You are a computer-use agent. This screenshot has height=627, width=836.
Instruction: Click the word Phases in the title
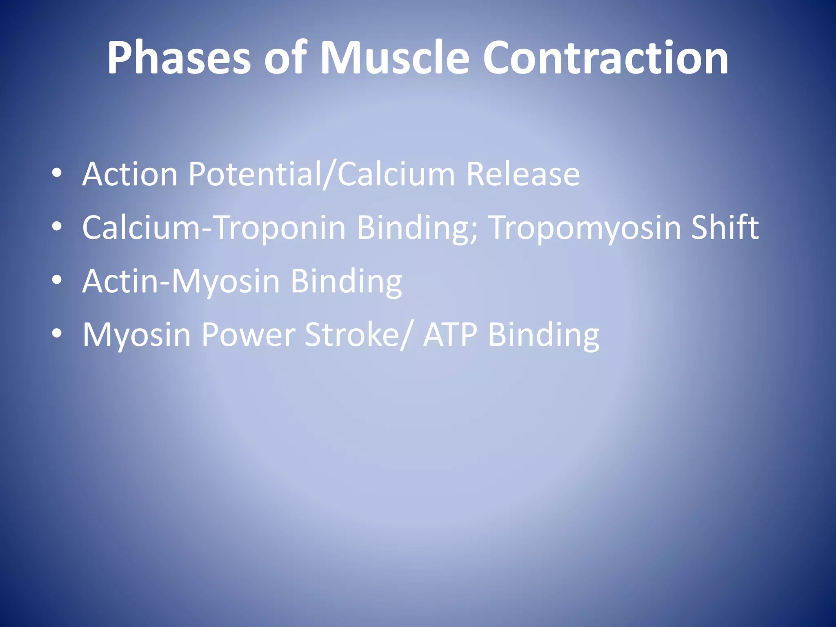[179, 58]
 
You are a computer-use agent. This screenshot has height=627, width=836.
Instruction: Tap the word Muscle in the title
[394, 58]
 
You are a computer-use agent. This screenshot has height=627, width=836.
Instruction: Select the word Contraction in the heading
[605, 58]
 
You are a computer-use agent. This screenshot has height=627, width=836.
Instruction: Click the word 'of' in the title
[285, 58]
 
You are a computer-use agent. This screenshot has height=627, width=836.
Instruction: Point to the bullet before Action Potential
[57, 173]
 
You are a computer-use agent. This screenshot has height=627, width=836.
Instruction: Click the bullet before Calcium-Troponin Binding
[57, 227]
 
